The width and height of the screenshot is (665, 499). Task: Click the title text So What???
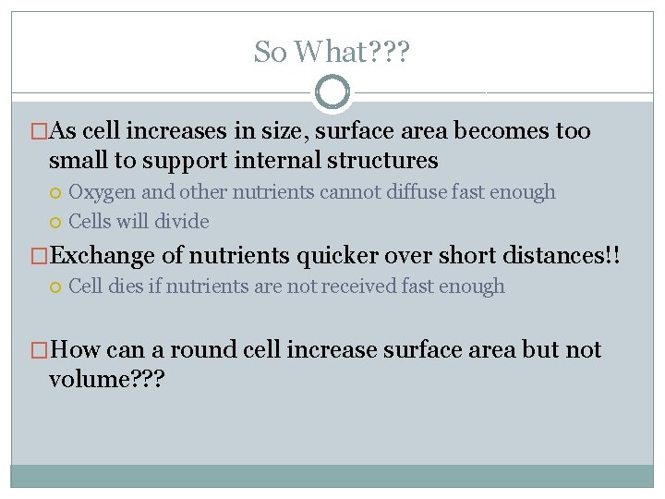[x=332, y=52]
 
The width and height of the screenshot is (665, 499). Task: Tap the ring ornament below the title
[x=332, y=92]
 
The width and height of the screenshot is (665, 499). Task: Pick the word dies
[x=131, y=286]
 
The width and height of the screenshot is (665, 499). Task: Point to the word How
[x=77, y=349]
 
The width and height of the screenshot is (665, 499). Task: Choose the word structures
[x=381, y=160]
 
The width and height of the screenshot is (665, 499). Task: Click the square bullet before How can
[x=39, y=350]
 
